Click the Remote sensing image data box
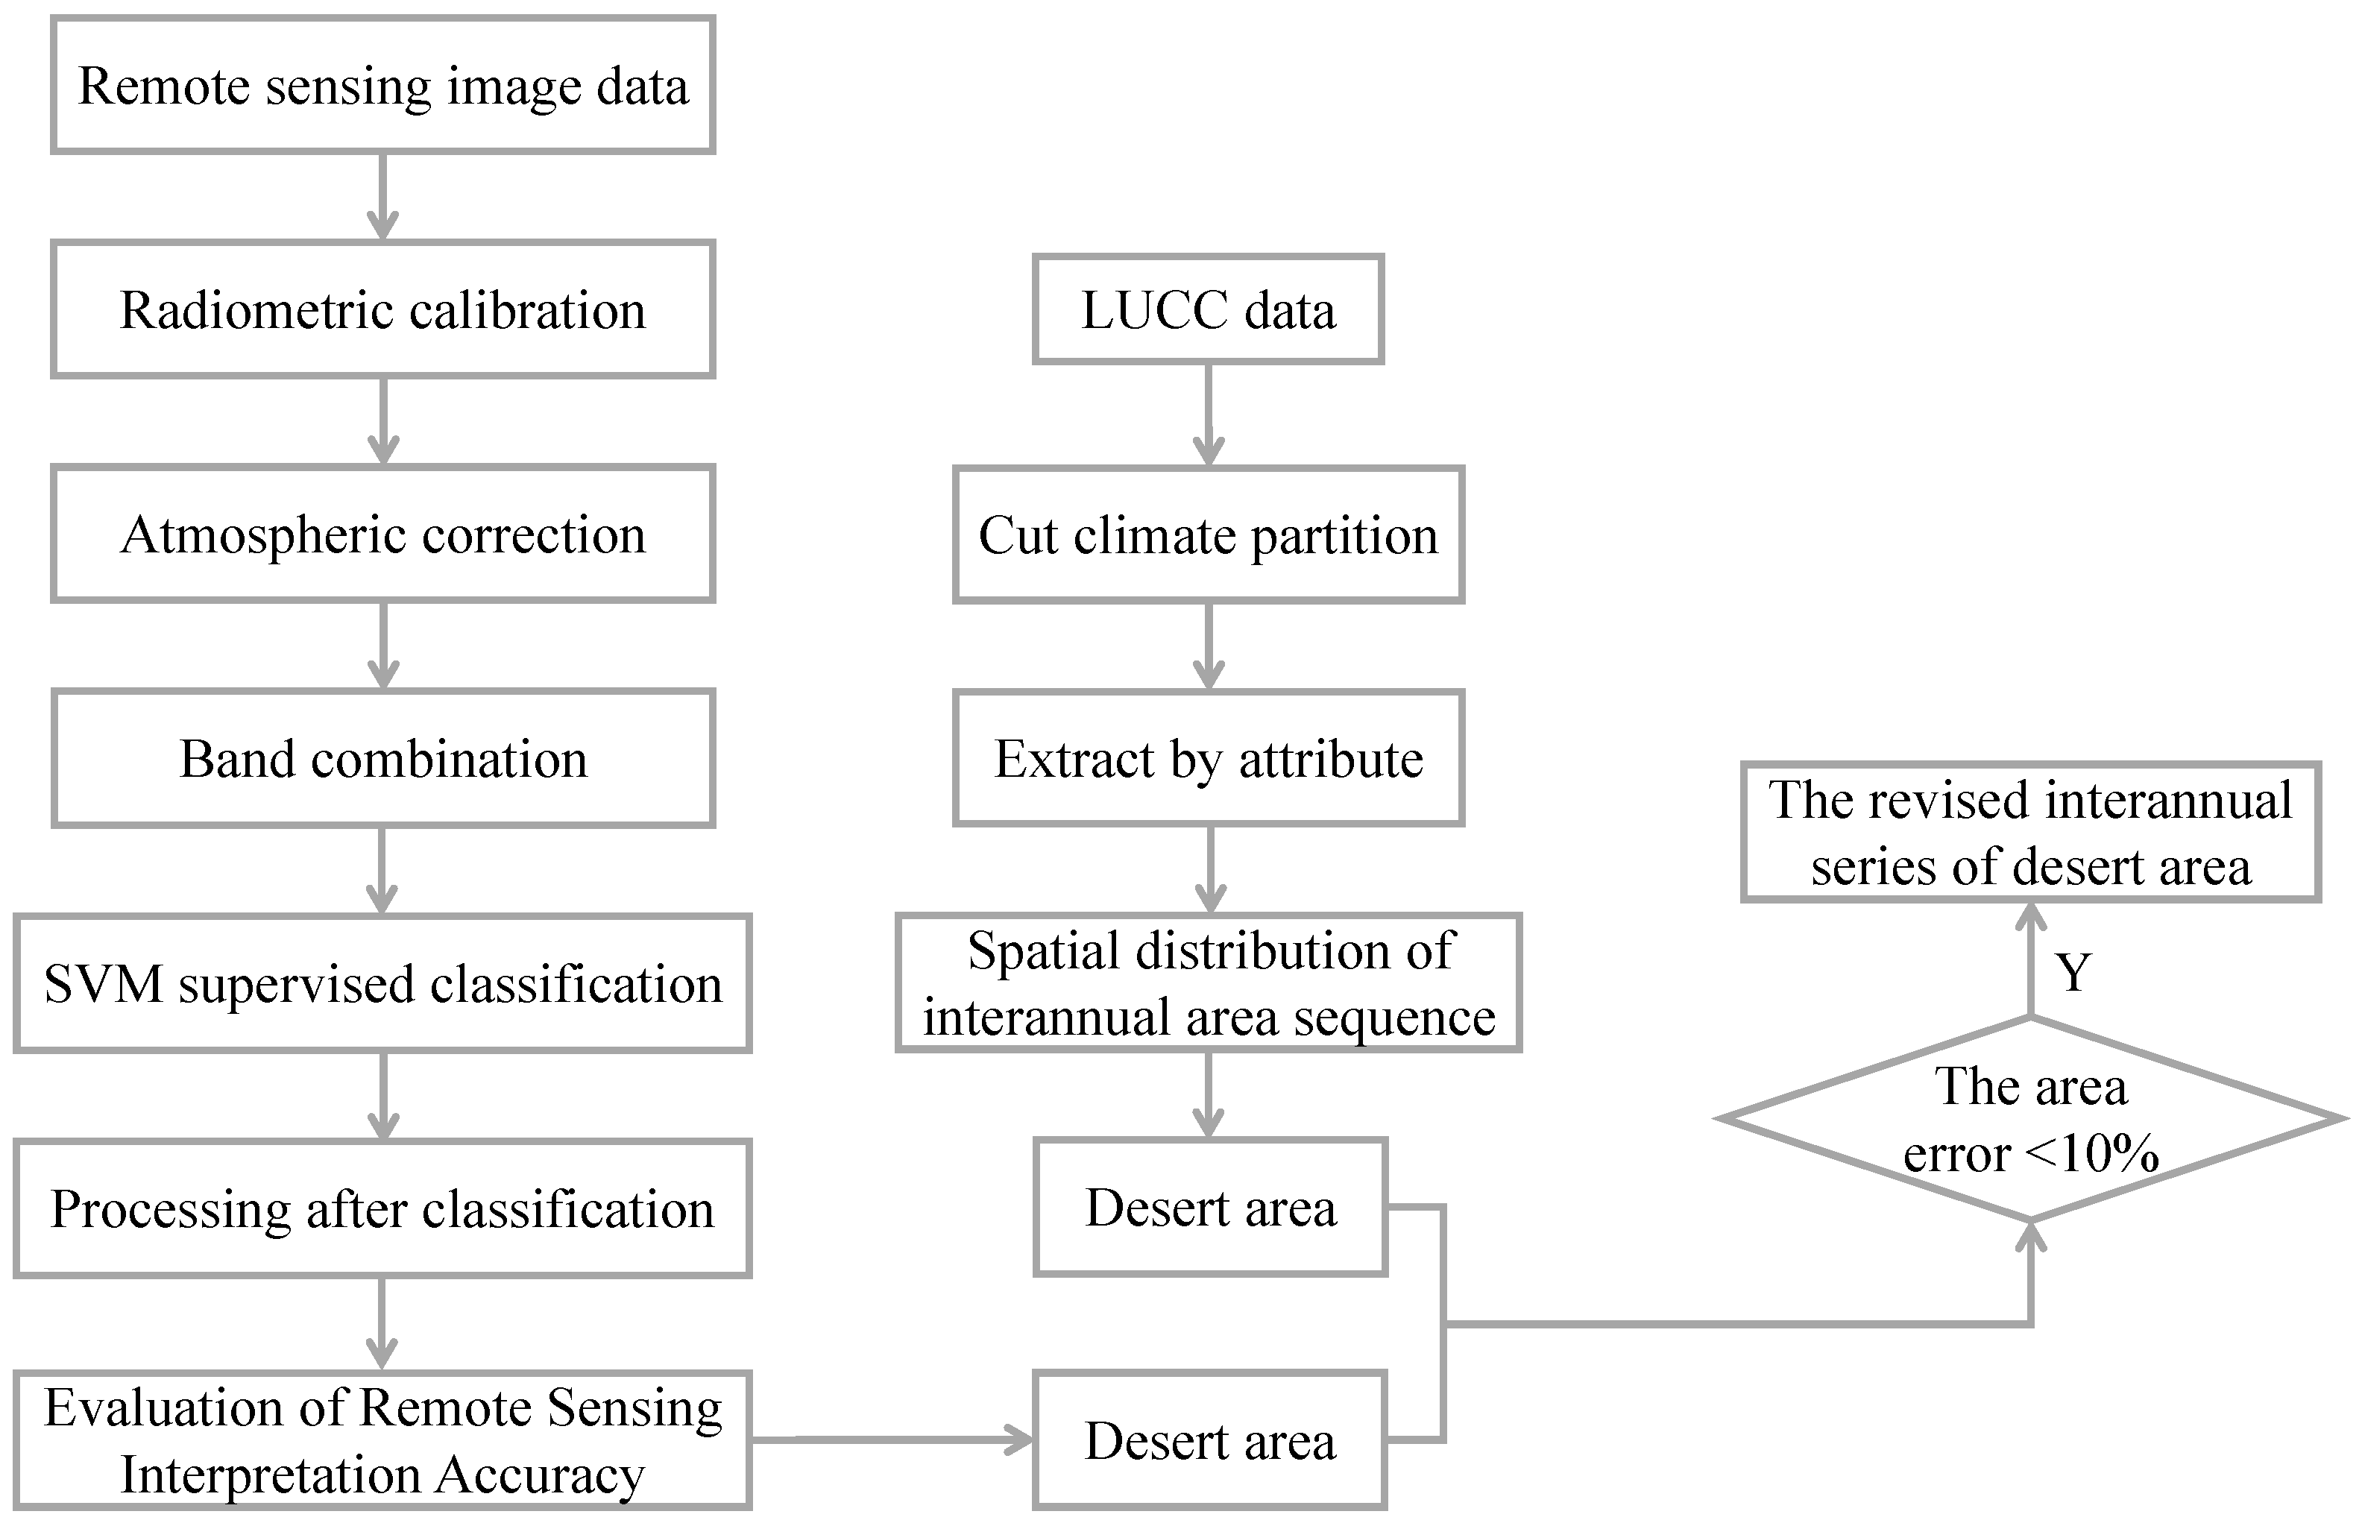[x=382, y=85]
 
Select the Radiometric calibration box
[x=382, y=309]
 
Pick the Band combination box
[x=382, y=759]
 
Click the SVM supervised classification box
[x=382, y=984]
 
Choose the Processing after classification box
[x=382, y=1208]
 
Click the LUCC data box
[x=1208, y=309]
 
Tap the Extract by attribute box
[x=1208, y=759]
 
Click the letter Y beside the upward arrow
[x=2072, y=972]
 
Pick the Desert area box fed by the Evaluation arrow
[x=1209, y=1441]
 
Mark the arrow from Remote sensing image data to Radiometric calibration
[x=382, y=196]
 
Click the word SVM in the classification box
[x=103, y=985]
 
